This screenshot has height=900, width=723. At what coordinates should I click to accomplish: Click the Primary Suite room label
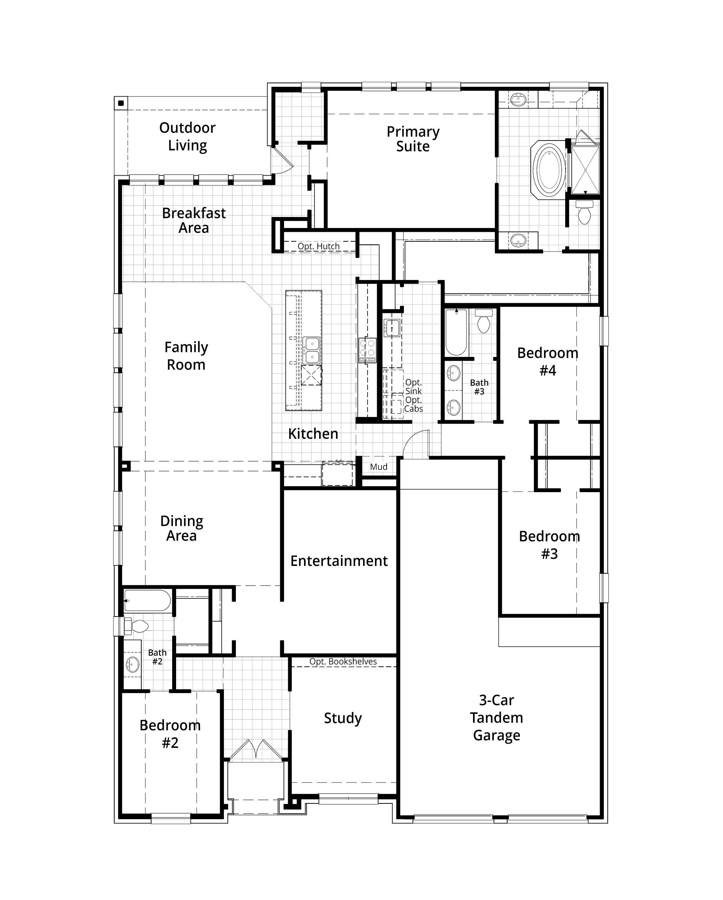click(413, 139)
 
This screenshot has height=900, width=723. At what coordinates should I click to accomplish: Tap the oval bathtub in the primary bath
click(548, 170)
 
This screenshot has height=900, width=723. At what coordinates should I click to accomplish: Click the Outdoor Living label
click(188, 137)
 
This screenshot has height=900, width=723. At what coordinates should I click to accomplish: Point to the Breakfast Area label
click(194, 220)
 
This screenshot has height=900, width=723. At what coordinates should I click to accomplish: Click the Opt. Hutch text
click(319, 246)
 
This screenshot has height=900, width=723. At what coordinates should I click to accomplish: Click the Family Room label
click(186, 356)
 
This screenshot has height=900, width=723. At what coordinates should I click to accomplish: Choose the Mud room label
click(379, 467)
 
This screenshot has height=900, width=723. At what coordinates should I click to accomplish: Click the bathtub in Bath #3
click(456, 332)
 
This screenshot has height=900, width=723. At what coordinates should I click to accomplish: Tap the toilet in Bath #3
click(484, 321)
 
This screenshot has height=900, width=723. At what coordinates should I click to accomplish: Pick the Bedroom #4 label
click(548, 361)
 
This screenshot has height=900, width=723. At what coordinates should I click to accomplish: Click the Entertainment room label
click(339, 561)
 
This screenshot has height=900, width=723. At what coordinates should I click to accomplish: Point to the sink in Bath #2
click(133, 664)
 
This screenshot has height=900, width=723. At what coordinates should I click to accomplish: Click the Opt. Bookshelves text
click(343, 661)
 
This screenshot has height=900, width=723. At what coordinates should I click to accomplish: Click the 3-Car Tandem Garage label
click(497, 718)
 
